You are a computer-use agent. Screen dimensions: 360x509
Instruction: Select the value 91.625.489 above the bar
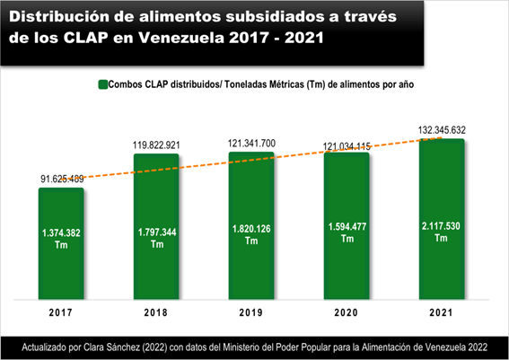62,178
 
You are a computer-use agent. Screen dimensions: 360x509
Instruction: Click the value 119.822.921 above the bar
157,144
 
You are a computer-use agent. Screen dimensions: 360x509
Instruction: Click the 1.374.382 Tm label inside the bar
61,238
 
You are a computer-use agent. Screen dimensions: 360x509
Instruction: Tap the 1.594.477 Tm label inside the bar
347,237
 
